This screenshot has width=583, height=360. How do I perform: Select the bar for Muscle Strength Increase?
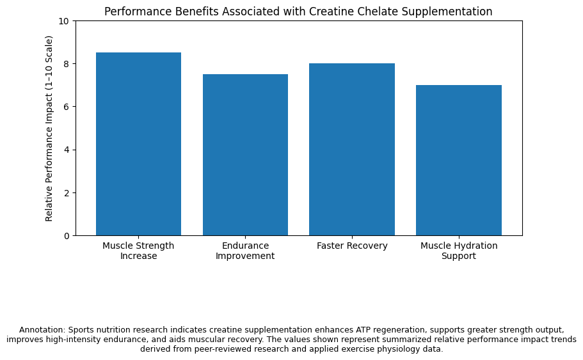pos(138,144)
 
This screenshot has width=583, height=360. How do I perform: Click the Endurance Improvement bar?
pos(245,155)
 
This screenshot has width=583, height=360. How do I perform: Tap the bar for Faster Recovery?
pos(352,149)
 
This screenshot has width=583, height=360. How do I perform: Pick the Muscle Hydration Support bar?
pos(459,160)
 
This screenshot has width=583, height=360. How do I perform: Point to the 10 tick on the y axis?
pos(63,21)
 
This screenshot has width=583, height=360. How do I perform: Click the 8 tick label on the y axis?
pos(66,64)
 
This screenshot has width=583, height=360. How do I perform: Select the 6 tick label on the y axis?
pos(66,107)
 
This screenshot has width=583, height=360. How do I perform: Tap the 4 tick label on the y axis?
pos(66,150)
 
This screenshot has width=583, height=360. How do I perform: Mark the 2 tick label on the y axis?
pos(66,193)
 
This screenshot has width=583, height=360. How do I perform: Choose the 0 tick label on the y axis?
pos(66,236)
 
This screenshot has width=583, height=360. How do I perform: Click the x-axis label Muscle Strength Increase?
pos(138,251)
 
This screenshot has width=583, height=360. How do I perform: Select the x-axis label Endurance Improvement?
pos(245,251)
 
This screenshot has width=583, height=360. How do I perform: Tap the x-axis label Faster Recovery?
pos(352,246)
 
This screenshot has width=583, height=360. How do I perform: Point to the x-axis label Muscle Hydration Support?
pos(459,251)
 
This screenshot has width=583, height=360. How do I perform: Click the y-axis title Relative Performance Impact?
pos(49,129)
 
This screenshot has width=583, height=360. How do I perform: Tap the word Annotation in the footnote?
pos(42,330)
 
